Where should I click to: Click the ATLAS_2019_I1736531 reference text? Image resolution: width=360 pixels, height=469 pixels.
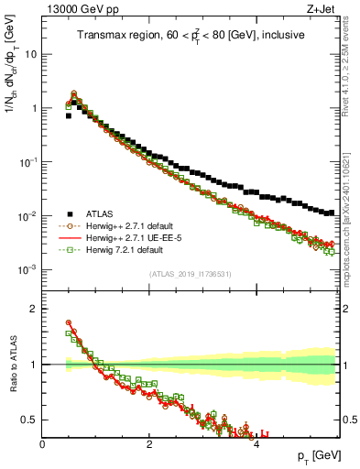tap(190, 274)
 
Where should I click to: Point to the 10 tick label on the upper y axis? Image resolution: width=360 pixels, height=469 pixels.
tap(30, 54)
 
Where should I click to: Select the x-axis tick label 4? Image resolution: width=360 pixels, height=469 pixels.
tap(256, 443)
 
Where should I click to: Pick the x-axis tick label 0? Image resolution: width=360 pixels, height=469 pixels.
tap(42, 443)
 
